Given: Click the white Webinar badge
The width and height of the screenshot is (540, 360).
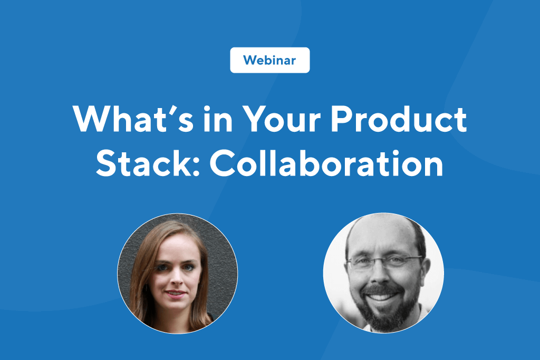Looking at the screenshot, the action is tap(269, 60).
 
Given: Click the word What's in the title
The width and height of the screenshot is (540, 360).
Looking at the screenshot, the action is tap(133, 119).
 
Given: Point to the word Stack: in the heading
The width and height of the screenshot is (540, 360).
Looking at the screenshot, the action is tap(148, 163).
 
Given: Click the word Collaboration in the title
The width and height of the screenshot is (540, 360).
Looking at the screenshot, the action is tap(326, 163).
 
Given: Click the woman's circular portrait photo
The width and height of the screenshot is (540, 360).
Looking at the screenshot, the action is tap(178, 273).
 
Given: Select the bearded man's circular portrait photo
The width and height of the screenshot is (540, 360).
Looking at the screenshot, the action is tap(383, 273).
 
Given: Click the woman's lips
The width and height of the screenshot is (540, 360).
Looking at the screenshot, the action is tap(176, 294).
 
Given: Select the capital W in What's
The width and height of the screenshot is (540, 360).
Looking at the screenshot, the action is tap(92, 119).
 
